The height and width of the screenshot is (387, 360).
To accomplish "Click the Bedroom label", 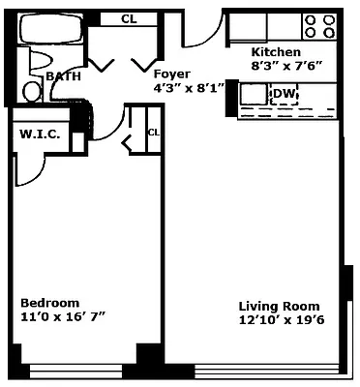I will tap(49, 303).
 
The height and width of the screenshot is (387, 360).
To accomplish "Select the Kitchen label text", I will tap(276, 52).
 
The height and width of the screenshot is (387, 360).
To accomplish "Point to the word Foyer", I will tap(171, 74).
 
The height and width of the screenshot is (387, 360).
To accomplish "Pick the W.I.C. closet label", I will tap(41, 134).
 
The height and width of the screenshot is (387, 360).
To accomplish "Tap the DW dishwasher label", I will tap(284, 94).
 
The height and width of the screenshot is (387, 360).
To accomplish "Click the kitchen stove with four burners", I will tap(319, 26).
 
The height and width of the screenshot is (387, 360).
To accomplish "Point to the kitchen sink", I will tap(255, 94).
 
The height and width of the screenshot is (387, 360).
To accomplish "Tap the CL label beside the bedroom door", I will tap(153, 133).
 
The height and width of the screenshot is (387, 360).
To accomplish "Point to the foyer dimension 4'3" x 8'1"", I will tap(190, 87).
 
